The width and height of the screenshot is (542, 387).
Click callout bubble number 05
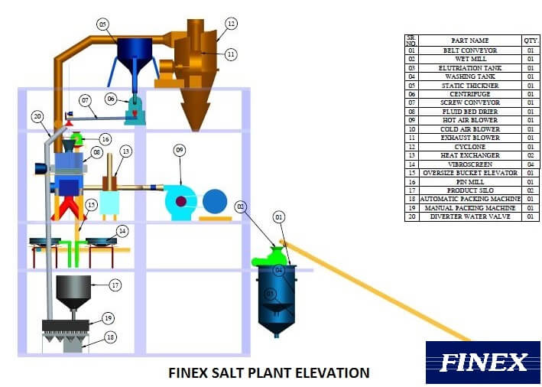click(x=103, y=24)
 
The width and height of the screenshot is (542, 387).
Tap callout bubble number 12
click(x=231, y=23)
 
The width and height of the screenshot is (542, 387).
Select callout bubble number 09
click(x=180, y=150)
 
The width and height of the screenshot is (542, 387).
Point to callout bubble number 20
click(x=37, y=117)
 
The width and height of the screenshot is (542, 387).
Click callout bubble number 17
click(x=115, y=285)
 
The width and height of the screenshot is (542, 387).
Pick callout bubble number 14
click(x=122, y=229)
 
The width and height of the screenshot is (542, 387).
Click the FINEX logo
click(x=483, y=362)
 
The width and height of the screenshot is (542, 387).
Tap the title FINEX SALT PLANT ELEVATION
click(x=268, y=373)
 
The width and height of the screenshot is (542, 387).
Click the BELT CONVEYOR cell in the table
click(x=469, y=50)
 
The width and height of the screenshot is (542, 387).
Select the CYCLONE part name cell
click(x=469, y=147)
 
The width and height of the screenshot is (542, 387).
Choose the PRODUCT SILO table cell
click(x=469, y=190)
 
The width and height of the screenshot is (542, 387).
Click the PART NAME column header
click(x=469, y=41)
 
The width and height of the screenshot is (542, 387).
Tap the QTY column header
click(x=530, y=41)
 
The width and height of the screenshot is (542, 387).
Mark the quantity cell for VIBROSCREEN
click(x=530, y=164)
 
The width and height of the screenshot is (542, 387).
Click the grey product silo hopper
click(x=74, y=290)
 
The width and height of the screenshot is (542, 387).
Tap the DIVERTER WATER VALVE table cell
click(x=469, y=216)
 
